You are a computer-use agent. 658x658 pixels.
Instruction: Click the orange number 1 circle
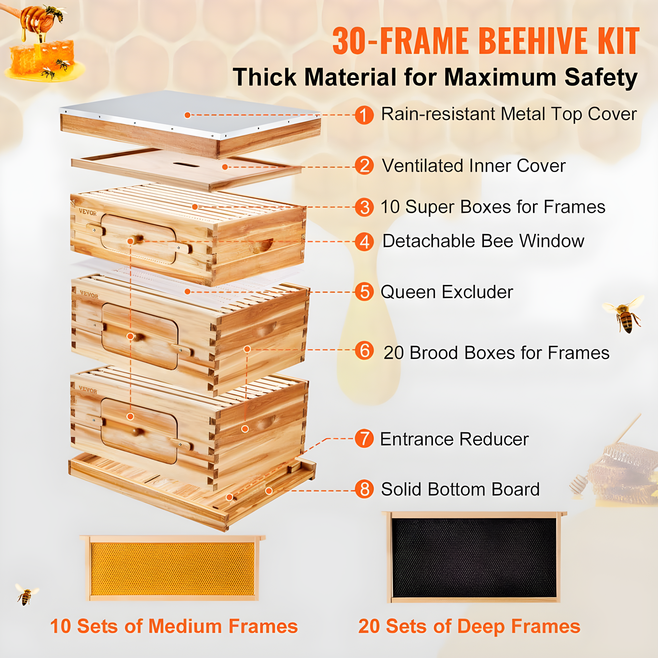pos(364,115)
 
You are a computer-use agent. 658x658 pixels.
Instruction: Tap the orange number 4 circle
pos(364,242)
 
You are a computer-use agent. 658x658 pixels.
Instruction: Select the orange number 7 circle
pos(364,439)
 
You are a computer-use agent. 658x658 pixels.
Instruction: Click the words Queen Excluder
pos(446,292)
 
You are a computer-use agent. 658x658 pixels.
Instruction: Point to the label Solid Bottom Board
pos(460,490)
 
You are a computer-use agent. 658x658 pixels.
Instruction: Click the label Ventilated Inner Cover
pos(473,166)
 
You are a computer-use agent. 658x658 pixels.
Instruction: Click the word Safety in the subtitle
pos(601,78)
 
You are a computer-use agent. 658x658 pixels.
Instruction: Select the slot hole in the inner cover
pos(186,165)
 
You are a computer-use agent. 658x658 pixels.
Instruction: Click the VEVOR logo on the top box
pos(88,213)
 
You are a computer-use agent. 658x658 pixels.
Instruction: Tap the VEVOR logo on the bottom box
pos(88,390)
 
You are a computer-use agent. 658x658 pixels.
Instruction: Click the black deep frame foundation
pos(473,558)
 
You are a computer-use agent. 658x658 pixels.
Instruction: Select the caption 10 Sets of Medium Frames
pos(174,627)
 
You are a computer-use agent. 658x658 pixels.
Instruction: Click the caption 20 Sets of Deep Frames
pos(469,627)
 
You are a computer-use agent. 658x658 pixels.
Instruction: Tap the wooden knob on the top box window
pos(136,239)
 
